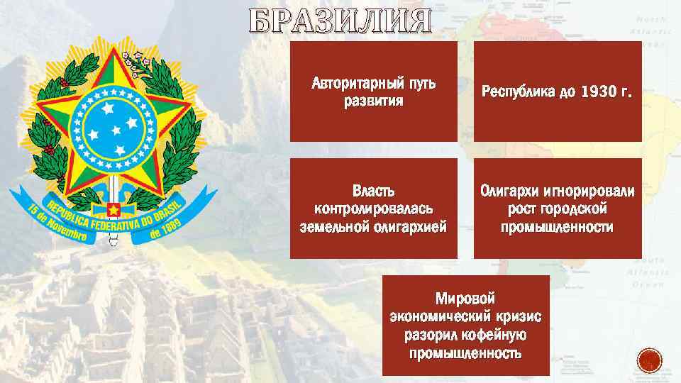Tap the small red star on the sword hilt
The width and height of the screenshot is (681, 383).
(x=111, y=210)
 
